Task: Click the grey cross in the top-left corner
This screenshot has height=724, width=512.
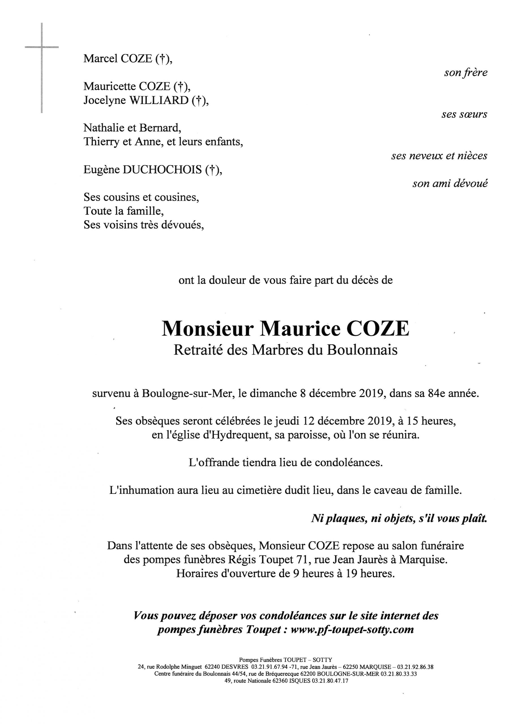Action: pyautogui.click(x=42, y=47)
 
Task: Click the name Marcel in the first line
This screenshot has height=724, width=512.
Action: pyautogui.click(x=99, y=59)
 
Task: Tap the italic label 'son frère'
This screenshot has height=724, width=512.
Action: pyautogui.click(x=466, y=73)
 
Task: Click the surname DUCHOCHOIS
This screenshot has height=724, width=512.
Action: pyautogui.click(x=162, y=170)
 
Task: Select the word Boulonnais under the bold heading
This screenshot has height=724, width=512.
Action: pyautogui.click(x=362, y=350)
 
